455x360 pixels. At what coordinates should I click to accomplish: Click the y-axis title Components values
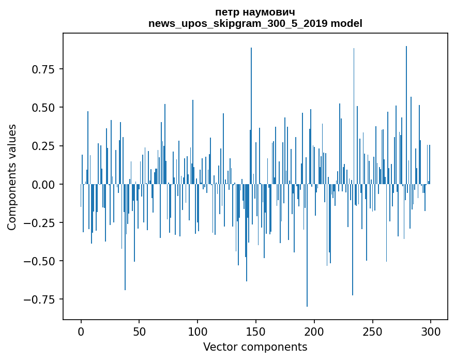point(12,177)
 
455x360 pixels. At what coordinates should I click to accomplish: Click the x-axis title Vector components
point(255,347)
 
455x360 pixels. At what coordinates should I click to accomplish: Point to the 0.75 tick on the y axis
point(43,69)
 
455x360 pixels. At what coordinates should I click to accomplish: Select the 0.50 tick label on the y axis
point(43,108)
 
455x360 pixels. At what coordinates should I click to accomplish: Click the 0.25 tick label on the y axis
point(43,146)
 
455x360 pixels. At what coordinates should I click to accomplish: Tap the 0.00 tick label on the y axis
point(43,184)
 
